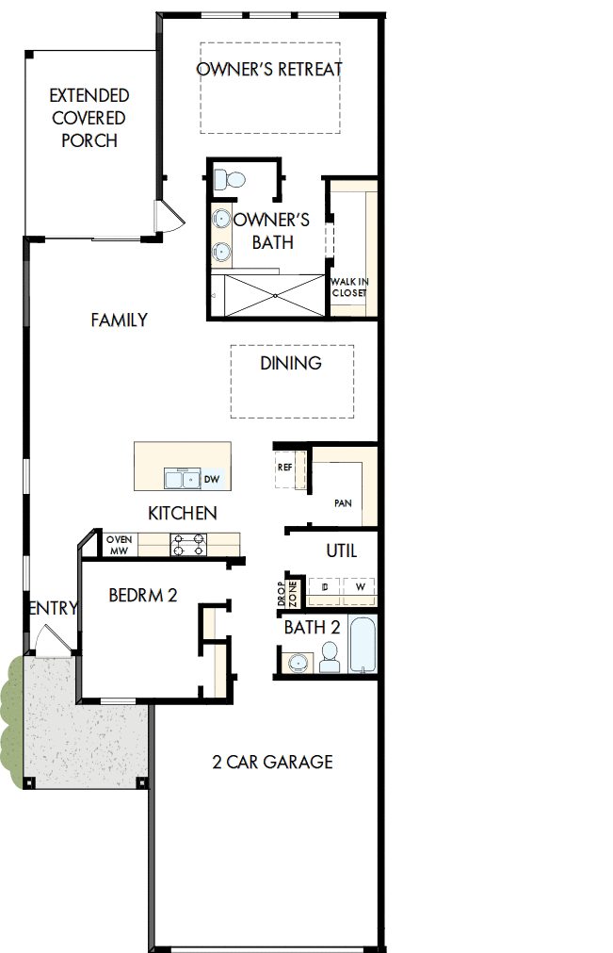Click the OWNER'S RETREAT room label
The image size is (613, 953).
269,70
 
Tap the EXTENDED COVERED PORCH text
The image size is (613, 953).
89,118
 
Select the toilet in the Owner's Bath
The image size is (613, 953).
229,178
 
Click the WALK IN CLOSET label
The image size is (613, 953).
348,287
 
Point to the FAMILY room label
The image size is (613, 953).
119,320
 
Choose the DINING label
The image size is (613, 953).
291,363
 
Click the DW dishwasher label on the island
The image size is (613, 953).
212,480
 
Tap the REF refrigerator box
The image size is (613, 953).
285,467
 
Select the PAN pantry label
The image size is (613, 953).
343,503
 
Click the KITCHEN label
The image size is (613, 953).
183,514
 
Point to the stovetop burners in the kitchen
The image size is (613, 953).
187,544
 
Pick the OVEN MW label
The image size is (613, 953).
119,545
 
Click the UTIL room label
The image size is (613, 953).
341,550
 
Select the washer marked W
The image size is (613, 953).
359,587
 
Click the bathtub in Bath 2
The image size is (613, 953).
363,646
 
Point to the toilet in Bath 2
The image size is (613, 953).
329,657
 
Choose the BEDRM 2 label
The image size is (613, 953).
143,595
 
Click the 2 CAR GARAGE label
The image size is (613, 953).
272,762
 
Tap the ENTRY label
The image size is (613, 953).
53,609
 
